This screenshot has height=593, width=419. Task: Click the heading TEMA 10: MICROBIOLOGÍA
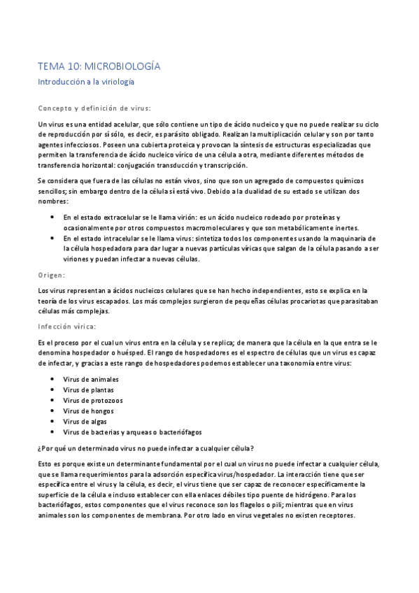[x=99, y=66]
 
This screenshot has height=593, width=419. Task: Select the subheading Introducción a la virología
[x=85, y=82]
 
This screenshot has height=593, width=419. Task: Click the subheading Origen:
[x=52, y=275]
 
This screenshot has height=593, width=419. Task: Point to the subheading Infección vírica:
[x=67, y=326]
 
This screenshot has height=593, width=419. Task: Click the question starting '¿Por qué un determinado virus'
[x=145, y=448]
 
